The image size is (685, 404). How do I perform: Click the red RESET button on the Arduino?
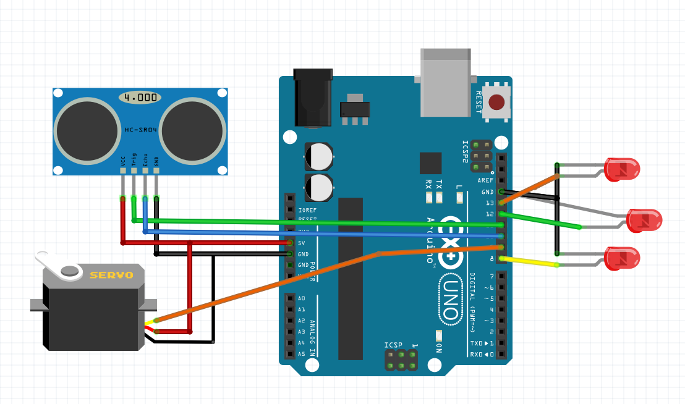[496, 101]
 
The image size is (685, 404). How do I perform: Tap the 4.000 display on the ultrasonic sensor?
[140, 98]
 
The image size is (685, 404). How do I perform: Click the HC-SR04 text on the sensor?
[140, 130]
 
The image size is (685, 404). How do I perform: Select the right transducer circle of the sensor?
[193, 130]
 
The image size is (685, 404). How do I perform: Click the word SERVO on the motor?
[111, 275]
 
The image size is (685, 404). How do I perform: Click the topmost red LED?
[622, 169]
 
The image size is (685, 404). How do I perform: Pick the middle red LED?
[644, 221]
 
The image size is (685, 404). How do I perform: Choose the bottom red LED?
[622, 258]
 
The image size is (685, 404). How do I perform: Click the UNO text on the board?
[451, 300]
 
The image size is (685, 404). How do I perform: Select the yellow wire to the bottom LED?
[532, 262]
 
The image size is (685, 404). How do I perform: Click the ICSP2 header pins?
[481, 156]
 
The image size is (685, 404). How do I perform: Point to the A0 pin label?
[301, 298]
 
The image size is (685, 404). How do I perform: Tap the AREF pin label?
[486, 180]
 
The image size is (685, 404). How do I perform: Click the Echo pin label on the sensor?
[145, 161]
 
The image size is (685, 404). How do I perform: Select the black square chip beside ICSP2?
[430, 163]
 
